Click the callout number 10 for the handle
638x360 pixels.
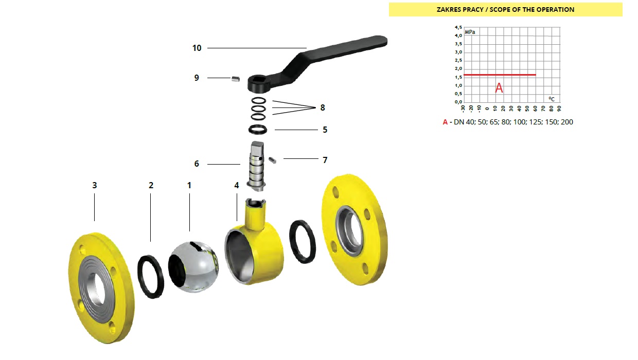(197, 48)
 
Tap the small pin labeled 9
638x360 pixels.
(235, 79)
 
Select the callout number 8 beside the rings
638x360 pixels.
(323, 107)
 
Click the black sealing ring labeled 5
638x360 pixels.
(258, 130)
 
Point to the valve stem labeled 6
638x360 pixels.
(256, 166)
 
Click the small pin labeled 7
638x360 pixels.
(272, 160)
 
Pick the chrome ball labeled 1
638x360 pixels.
(193, 266)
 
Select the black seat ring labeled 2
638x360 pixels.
(151, 277)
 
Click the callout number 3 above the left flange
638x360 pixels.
(95, 185)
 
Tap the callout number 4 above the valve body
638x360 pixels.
(236, 185)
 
